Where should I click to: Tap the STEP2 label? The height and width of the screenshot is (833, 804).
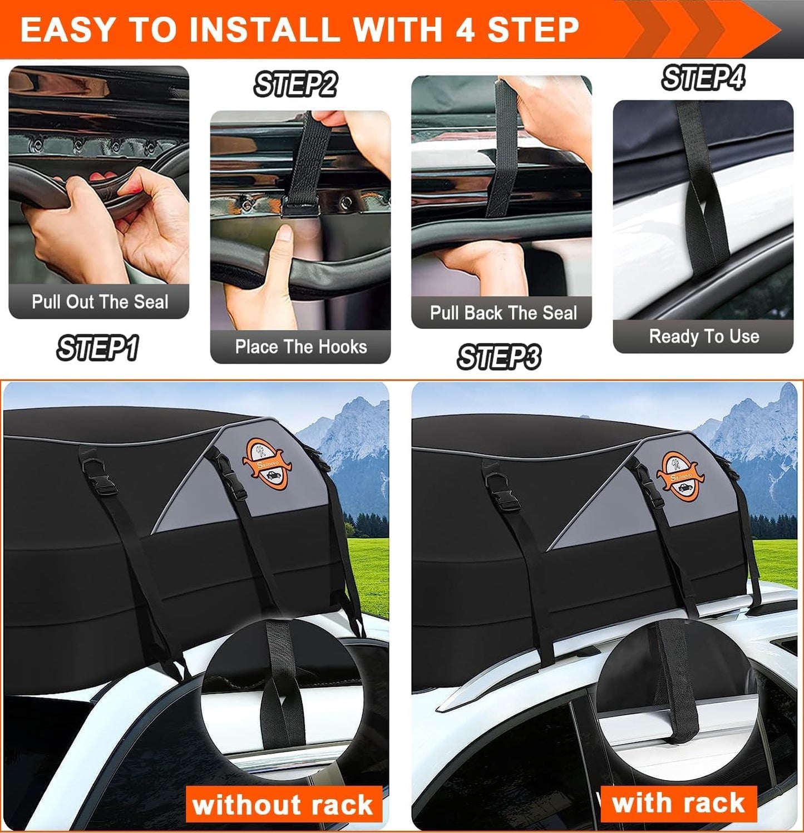(295, 85)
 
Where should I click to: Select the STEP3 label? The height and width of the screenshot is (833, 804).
(499, 357)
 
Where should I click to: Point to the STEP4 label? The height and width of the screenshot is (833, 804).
(703, 78)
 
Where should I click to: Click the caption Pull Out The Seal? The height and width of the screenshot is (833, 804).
(100, 302)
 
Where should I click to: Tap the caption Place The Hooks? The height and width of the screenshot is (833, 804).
(300, 347)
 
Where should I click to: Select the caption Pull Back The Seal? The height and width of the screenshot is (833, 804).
(503, 313)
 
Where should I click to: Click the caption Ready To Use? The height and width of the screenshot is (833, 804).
(704, 337)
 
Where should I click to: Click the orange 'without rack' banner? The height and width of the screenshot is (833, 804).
(283, 805)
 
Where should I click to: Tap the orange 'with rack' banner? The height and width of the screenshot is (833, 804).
(678, 803)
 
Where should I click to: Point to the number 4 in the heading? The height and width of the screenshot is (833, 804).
(465, 29)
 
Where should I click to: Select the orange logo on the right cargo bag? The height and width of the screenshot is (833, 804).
(678, 476)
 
